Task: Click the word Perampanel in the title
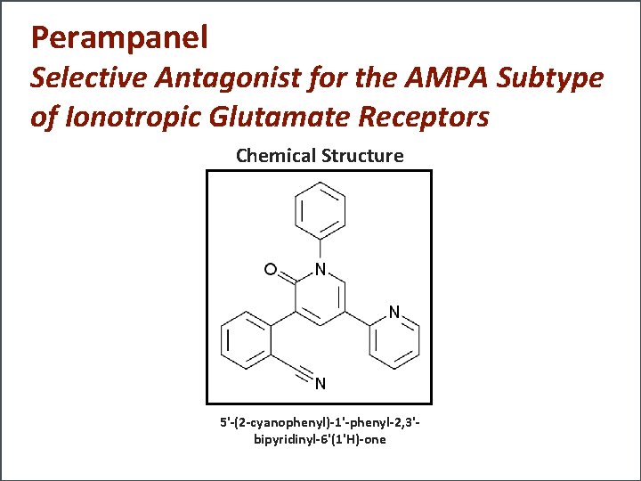coord(119,37)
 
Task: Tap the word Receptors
coord(426,118)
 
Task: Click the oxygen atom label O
coord(269,268)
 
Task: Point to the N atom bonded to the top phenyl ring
coord(320,269)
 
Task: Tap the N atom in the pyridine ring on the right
coord(394,312)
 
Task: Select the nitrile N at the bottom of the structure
coord(320,385)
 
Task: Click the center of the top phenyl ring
coord(320,211)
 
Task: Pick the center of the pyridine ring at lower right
coord(394,341)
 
